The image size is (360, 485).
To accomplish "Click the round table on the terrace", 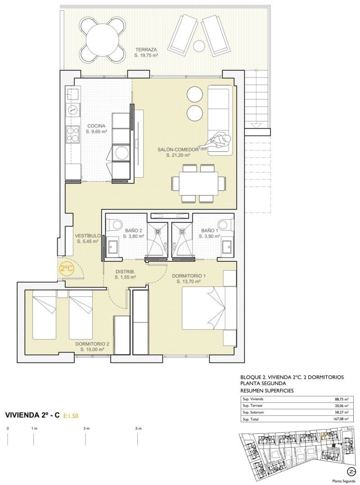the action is pyautogui.click(x=102, y=40).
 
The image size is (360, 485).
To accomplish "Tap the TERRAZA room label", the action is pyautogui.click(x=146, y=50).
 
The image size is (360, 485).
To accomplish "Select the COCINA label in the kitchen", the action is pyautogui.click(x=96, y=126).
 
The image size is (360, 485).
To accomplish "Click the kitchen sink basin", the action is pyautogui.click(x=73, y=92).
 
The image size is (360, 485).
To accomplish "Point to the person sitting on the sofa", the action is pyautogui.click(x=216, y=141).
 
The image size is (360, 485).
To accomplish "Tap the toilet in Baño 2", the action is pyautogui.click(x=114, y=224).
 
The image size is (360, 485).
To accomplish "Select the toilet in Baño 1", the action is pyautogui.click(x=225, y=224).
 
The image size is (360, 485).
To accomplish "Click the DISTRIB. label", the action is pyautogui.click(x=125, y=272).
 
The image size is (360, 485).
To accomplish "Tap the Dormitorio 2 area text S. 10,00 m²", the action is pyautogui.click(x=92, y=349).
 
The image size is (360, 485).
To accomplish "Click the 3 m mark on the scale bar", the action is pyautogui.click(x=86, y=429).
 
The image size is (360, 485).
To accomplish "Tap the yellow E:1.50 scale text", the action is pyautogui.click(x=71, y=416).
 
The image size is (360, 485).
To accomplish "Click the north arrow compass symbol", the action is pyautogui.click(x=351, y=471).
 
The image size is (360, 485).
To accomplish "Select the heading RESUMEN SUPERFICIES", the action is pyautogui.click(x=267, y=391).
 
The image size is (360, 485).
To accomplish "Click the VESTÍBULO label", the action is pyautogui.click(x=88, y=236).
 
